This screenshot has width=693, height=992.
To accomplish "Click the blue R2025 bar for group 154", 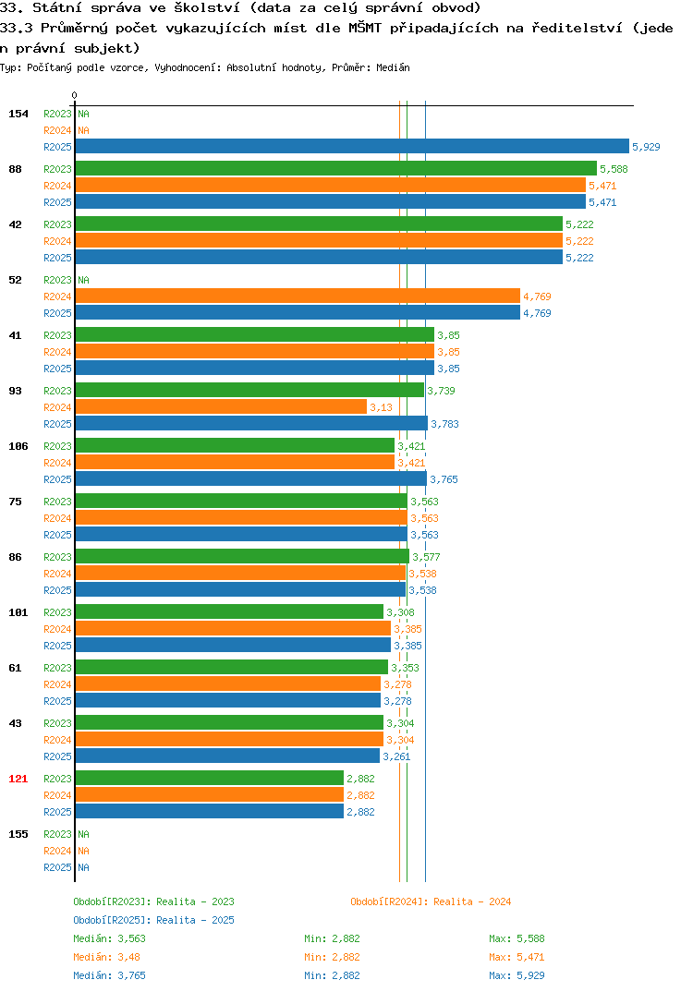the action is (352, 146).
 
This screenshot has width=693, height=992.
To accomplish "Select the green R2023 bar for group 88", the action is (336, 168).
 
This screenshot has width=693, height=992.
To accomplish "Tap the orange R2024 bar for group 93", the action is (221, 406).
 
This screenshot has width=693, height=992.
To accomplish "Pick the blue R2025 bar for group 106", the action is (251, 479).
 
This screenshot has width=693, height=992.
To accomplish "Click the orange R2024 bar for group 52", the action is (298, 296).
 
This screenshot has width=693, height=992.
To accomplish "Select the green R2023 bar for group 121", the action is (210, 778).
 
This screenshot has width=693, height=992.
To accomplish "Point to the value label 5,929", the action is (646, 147).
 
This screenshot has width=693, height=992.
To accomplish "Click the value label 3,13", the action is (381, 407).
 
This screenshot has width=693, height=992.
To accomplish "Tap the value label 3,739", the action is (441, 391).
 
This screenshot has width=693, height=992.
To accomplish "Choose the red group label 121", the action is (18, 779).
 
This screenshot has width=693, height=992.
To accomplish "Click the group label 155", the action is (18, 834).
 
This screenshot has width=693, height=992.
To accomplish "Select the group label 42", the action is (15, 224).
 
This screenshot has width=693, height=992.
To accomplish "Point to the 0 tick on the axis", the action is (75, 95).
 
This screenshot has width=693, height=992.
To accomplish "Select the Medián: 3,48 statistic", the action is (107, 957).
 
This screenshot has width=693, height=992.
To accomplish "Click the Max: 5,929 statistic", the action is (517, 975).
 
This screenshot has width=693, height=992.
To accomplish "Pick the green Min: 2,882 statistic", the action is (332, 938).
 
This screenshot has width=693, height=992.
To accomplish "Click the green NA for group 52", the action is (83, 280).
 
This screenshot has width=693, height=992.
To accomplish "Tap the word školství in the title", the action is (207, 8).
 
